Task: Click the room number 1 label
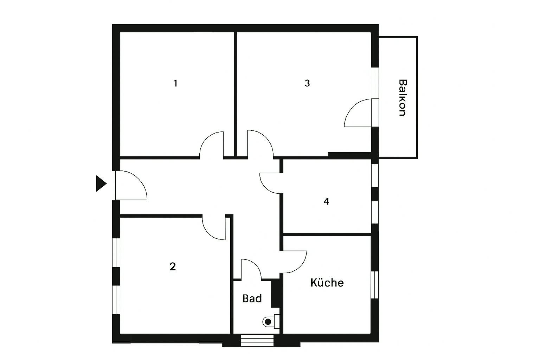click(x=175, y=83)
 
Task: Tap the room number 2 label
click(x=173, y=266)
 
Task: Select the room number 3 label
click(x=307, y=83)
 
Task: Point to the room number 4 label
click(x=326, y=201)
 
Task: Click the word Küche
click(x=327, y=283)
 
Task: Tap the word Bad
click(x=252, y=298)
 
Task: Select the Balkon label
click(x=403, y=98)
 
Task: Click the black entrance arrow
click(x=101, y=184)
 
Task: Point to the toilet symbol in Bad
click(x=269, y=321)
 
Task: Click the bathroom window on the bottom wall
click(x=257, y=340)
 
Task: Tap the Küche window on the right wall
click(x=375, y=285)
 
